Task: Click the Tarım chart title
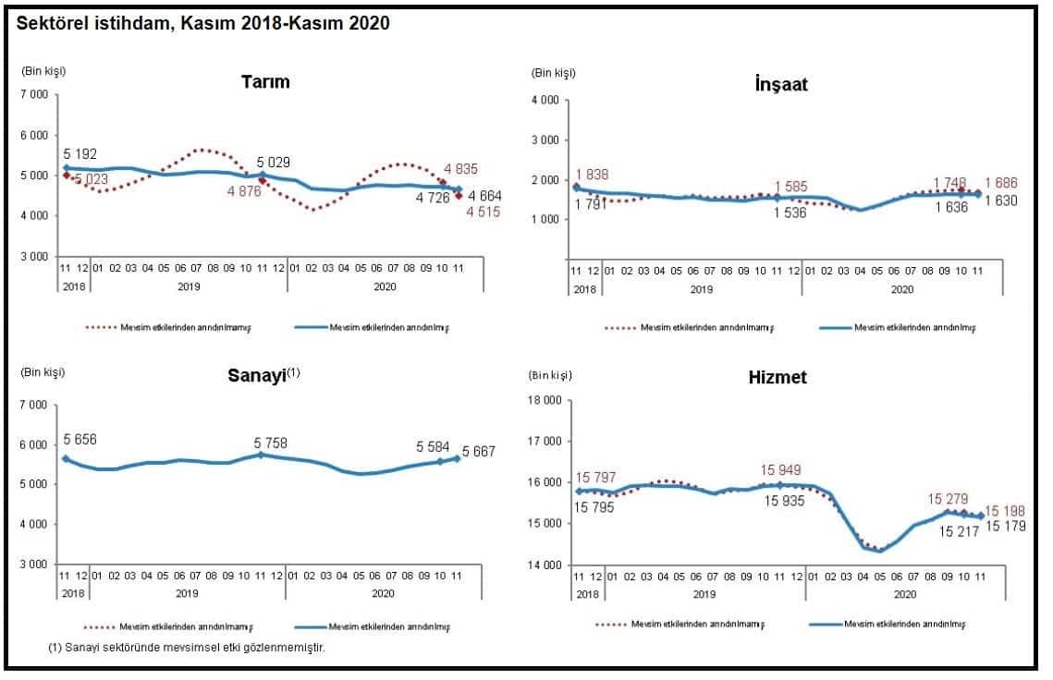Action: pyautogui.click(x=265, y=81)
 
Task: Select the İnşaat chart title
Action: pyautogui.click(x=782, y=84)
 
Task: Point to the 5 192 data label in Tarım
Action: pyautogui.click(x=80, y=153)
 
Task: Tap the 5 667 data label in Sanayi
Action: pyautogui.click(x=481, y=453)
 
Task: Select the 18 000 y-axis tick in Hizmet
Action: pyautogui.click(x=546, y=400)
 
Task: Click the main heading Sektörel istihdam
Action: pyautogui.click(x=197, y=24)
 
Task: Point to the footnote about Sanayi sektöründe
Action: pyautogui.click(x=186, y=647)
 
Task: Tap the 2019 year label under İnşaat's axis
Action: pyautogui.click(x=701, y=289)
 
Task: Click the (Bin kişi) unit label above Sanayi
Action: pyautogui.click(x=43, y=372)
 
